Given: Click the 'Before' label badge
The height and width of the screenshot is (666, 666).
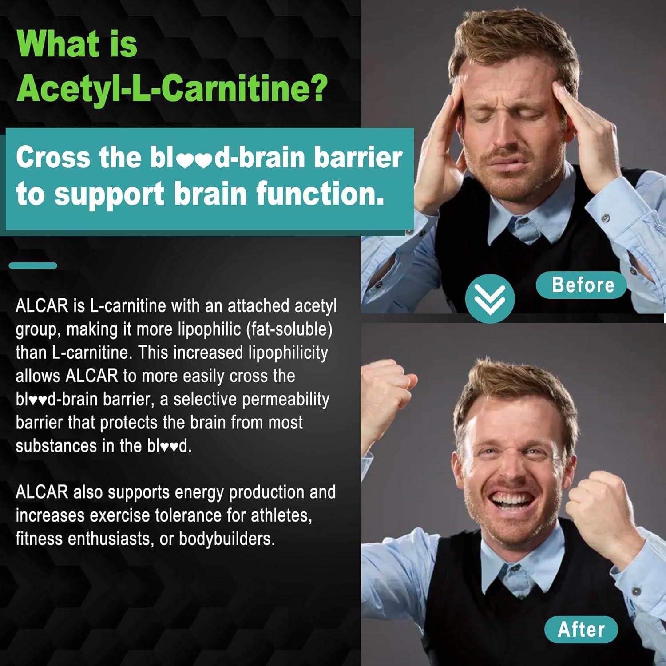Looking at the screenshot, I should pyautogui.click(x=582, y=285).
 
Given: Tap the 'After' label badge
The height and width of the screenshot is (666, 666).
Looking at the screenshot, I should pyautogui.click(x=581, y=629).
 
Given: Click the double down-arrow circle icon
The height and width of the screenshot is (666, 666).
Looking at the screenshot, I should pyautogui.click(x=490, y=298).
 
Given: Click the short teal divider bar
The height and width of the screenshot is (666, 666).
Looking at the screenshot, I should pyautogui.click(x=33, y=266).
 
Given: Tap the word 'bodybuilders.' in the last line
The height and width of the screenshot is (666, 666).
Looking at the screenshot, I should pyautogui.click(x=227, y=539).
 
